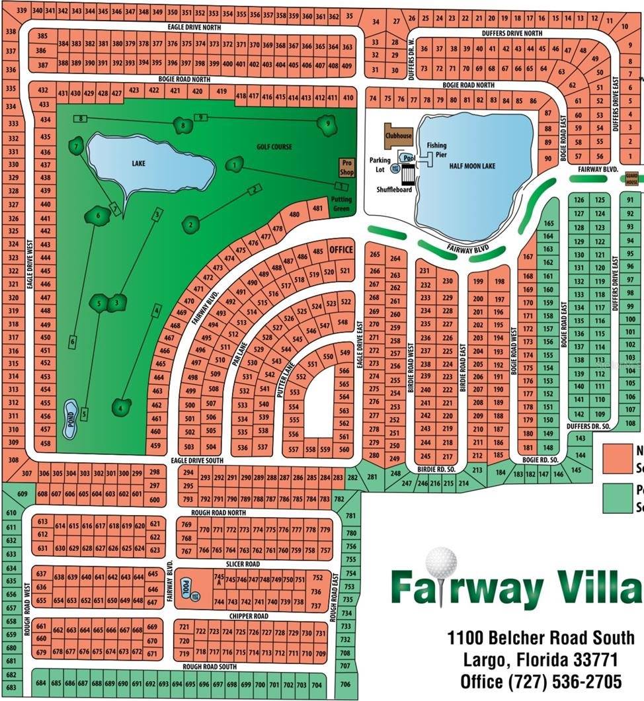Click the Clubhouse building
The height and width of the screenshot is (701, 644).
coord(399,135)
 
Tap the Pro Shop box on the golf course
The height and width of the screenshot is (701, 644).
coord(347,167)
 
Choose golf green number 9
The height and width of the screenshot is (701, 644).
coord(326,124)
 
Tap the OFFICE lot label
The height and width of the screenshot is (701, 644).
coord(341,250)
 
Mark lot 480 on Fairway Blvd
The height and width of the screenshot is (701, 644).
coord(294,214)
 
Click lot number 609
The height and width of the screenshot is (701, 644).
coord(22,494)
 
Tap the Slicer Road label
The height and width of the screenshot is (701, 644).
coord(243,564)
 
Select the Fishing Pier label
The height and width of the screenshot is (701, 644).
coord(437,149)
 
